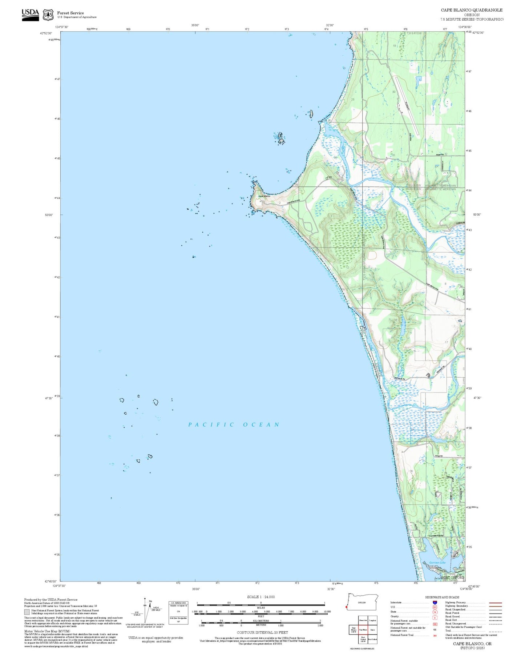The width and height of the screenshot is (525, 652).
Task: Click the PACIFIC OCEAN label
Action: point(234,424)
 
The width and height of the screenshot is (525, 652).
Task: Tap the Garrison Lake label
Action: point(437,563)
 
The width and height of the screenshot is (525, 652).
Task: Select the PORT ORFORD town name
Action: point(452,577)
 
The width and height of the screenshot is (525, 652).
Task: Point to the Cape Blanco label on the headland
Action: point(264,196)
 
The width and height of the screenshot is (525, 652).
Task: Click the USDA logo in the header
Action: point(30,15)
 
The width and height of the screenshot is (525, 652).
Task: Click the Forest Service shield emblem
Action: point(48,15)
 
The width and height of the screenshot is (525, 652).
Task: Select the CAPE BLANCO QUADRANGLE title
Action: point(472,10)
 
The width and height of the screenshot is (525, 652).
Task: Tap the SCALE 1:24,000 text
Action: point(261,597)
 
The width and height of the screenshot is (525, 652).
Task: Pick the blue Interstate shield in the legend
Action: point(435,603)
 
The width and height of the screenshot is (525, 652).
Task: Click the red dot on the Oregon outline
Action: point(347,607)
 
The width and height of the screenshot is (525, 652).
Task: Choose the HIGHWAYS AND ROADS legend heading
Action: point(442,597)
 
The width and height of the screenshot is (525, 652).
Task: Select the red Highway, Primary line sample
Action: point(495,603)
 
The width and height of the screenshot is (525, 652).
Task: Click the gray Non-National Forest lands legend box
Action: point(27,612)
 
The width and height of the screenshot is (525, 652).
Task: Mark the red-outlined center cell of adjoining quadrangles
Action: point(363,629)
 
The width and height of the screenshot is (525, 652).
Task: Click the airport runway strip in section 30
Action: point(407,108)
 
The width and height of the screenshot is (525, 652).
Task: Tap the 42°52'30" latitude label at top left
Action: point(48,33)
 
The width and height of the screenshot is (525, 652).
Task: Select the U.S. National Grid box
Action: point(178,613)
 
